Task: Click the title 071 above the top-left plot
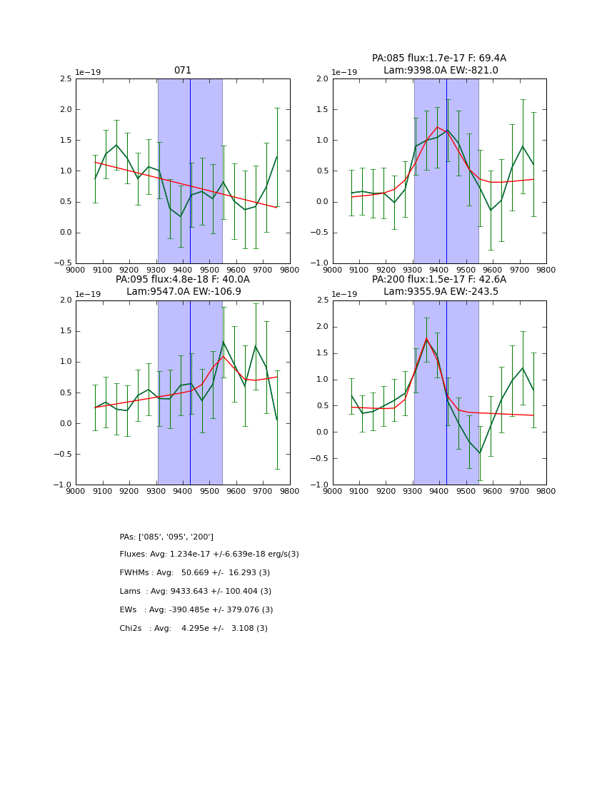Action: (x=183, y=71)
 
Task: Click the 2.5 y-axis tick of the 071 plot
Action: (x=65, y=79)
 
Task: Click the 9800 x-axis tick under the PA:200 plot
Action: (x=546, y=491)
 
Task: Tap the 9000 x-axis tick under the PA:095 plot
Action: (x=76, y=491)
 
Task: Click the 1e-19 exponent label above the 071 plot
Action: (x=88, y=73)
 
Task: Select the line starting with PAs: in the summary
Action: (x=166, y=537)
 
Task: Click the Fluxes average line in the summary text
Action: (x=209, y=554)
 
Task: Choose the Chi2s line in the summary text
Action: (x=194, y=629)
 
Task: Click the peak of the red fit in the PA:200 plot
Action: (x=426, y=338)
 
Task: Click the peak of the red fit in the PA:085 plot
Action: (x=437, y=127)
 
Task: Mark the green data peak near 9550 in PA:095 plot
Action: (x=224, y=341)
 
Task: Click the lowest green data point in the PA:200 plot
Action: (x=480, y=453)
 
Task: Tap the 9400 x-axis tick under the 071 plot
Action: (x=182, y=270)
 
